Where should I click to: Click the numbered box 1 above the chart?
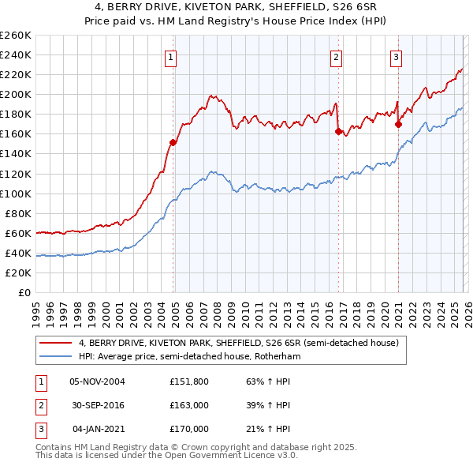(170, 56)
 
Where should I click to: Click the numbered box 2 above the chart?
(336, 56)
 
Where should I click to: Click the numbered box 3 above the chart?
(396, 56)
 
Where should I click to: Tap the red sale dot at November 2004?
(173, 142)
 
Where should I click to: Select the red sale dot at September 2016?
(338, 131)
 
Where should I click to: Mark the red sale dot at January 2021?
(398, 124)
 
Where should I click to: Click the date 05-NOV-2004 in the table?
(97, 381)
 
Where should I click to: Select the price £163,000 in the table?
(189, 405)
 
